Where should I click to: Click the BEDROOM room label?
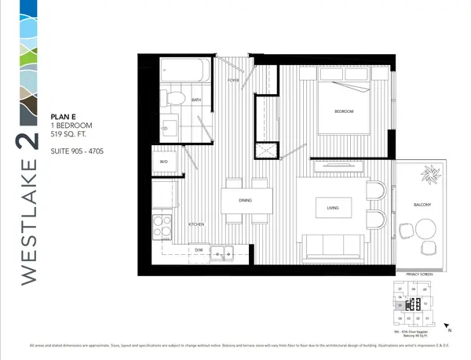click(x=344, y=112)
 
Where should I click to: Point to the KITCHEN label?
click(x=196, y=225)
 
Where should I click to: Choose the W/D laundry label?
click(x=164, y=162)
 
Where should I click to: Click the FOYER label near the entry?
click(x=233, y=81)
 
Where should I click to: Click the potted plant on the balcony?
click(x=431, y=174)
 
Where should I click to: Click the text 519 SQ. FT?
click(x=71, y=133)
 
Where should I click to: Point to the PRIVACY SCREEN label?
click(x=422, y=275)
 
